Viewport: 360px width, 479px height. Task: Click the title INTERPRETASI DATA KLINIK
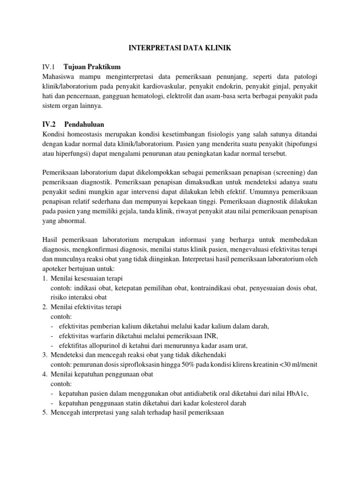(x=180, y=48)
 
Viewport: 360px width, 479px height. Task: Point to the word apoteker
(x=55, y=270)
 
